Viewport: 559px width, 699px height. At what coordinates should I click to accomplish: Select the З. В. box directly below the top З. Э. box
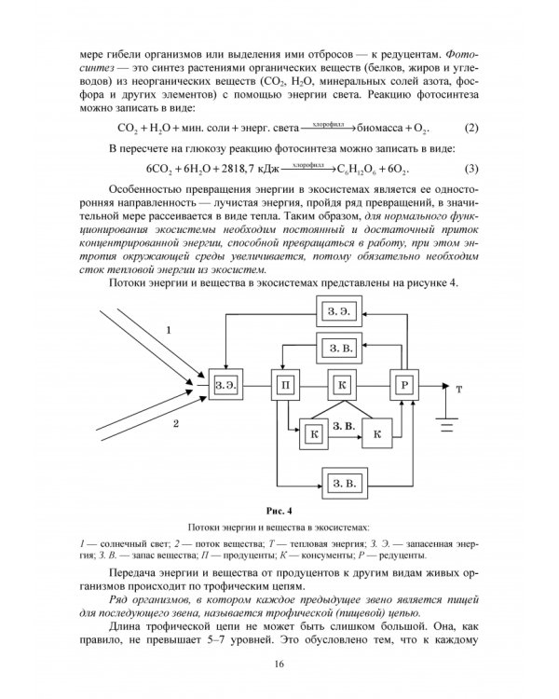click(339, 348)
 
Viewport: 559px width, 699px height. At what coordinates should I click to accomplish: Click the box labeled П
click(283, 384)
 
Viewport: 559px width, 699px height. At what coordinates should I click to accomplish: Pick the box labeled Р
click(403, 384)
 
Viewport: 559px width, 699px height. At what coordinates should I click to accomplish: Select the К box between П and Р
click(342, 384)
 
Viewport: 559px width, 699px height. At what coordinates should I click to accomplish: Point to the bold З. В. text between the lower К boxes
click(343, 427)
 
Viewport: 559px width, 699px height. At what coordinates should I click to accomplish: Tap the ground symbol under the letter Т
click(447, 427)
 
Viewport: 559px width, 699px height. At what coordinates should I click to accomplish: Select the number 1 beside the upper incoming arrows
click(169, 331)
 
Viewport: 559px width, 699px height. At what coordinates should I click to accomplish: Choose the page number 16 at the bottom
click(279, 663)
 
